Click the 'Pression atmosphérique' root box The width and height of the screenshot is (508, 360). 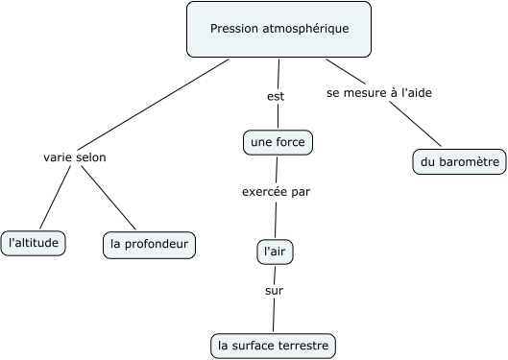pyautogui.click(x=278, y=29)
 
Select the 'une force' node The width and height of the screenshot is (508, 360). pyautogui.click(x=278, y=143)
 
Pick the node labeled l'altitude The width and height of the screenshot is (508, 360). pyautogui.click(x=35, y=243)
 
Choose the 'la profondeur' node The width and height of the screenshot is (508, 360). pyautogui.click(x=149, y=244)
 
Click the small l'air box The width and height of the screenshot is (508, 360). pyautogui.click(x=276, y=252)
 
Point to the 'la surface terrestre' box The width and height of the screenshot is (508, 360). pyautogui.click(x=274, y=344)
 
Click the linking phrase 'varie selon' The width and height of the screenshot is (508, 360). pyautogui.click(x=75, y=157)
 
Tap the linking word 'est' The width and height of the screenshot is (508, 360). pyautogui.click(x=276, y=96)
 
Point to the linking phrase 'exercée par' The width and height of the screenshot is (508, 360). pyautogui.click(x=276, y=191)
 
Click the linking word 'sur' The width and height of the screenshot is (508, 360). pyautogui.click(x=275, y=290)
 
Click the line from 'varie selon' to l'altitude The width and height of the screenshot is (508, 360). pyautogui.click(x=55, y=198)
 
